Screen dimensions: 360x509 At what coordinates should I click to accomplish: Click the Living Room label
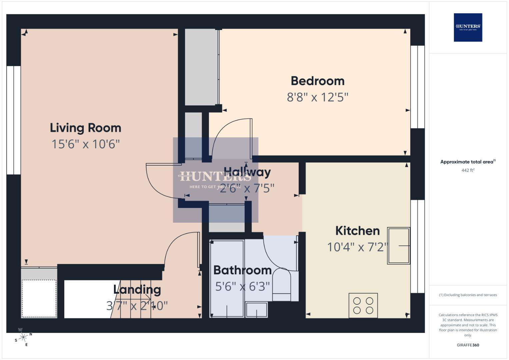[85, 128]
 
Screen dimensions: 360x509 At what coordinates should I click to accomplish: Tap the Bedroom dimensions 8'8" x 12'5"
[317, 97]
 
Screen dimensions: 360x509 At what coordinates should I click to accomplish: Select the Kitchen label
[357, 231]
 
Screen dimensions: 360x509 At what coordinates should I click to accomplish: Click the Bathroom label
[242, 270]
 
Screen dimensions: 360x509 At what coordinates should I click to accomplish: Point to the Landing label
[137, 290]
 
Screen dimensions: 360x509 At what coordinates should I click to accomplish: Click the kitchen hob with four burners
[363, 305]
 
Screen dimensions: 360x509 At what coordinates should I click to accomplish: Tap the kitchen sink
[398, 246]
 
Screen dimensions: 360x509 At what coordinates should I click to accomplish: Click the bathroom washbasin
[256, 310]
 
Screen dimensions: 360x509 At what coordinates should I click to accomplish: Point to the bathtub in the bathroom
[227, 278]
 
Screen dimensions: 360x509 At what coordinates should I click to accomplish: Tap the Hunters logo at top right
[468, 27]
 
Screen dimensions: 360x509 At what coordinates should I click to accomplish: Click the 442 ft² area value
[468, 170]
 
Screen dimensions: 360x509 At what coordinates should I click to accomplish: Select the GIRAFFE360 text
[468, 345]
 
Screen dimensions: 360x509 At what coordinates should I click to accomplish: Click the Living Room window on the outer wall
[14, 120]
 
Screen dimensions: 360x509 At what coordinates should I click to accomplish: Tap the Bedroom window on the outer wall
[417, 87]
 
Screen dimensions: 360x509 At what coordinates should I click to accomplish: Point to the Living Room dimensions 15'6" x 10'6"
[85, 144]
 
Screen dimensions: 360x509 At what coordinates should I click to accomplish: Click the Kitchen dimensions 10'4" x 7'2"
[357, 247]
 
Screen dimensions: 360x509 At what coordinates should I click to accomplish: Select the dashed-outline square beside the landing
[39, 298]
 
